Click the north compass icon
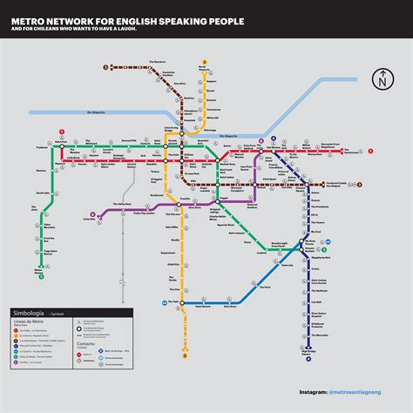click(381, 79)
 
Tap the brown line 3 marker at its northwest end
click(105, 66)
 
